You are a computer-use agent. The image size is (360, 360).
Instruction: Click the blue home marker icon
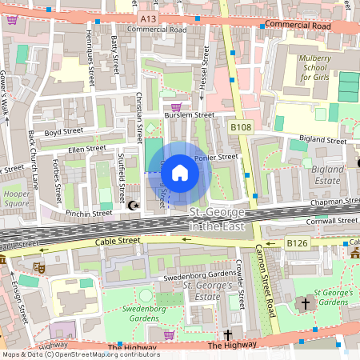click(x=180, y=173)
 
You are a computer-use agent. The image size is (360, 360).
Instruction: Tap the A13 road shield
click(x=146, y=18)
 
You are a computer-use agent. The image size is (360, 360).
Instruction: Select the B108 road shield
click(x=241, y=126)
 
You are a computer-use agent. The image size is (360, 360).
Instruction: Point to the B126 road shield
click(x=298, y=242)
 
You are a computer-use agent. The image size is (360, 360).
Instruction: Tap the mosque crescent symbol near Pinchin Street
click(x=134, y=206)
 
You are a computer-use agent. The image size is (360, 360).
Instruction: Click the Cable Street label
click(x=117, y=240)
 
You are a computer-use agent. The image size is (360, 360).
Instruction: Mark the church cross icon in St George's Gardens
click(x=305, y=304)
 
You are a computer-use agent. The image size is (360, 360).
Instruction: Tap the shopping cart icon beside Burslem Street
click(x=176, y=106)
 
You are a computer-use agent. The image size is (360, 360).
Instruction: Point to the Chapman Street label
click(x=331, y=202)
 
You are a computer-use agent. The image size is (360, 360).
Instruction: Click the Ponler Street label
click(x=217, y=157)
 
